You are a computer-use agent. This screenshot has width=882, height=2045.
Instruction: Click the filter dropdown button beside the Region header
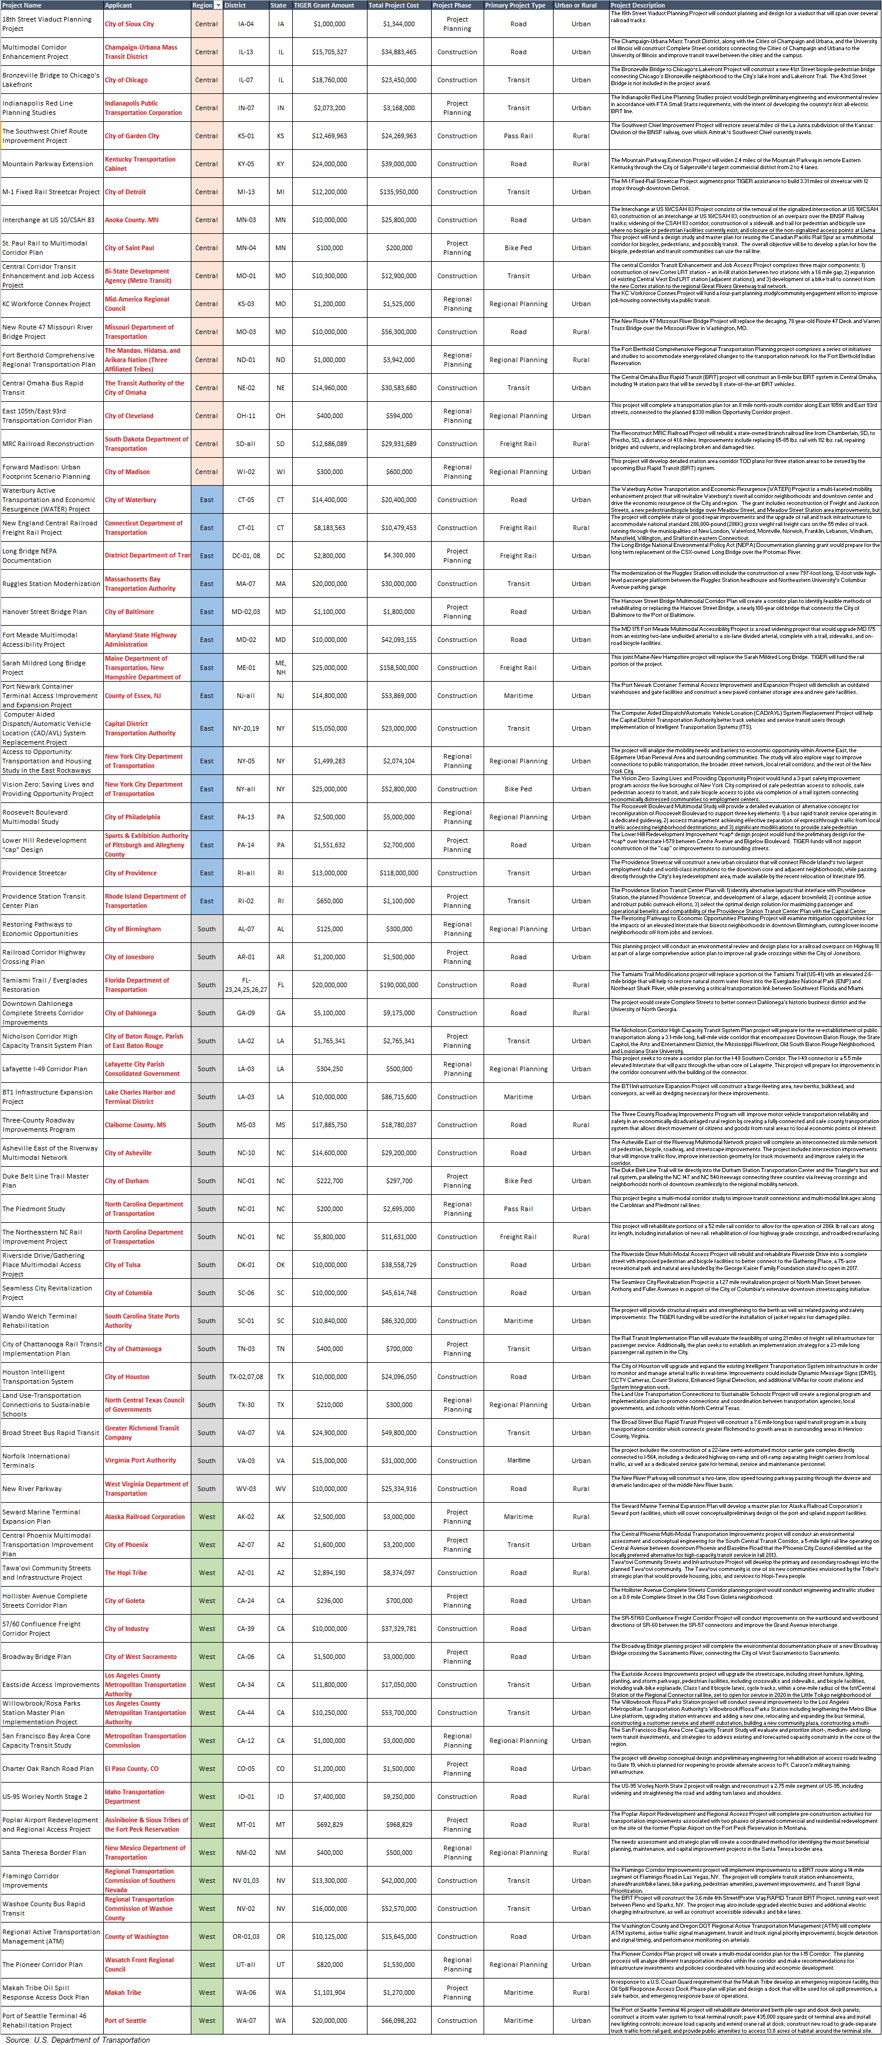218,5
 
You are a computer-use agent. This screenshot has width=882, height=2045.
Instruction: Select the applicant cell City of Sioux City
129,24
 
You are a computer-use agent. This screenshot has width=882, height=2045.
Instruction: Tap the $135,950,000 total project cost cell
398,192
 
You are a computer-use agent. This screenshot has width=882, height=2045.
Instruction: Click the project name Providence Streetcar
34,872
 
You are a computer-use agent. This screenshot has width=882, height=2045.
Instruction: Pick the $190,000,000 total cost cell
398,984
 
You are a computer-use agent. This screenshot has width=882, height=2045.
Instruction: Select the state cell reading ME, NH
280,668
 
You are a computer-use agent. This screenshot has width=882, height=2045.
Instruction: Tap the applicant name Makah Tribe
123,1992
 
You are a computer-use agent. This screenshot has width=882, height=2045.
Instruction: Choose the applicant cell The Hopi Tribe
125,1573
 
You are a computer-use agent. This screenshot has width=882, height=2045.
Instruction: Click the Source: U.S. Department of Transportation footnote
78,2039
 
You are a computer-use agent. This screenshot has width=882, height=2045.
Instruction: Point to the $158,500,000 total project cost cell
398,668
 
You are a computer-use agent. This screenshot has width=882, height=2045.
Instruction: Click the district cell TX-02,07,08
246,1377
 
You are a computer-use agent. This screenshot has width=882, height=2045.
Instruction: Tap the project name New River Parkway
32,1489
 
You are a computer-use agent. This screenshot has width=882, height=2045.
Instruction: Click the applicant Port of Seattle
125,2021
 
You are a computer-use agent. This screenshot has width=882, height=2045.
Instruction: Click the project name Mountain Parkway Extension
48,163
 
